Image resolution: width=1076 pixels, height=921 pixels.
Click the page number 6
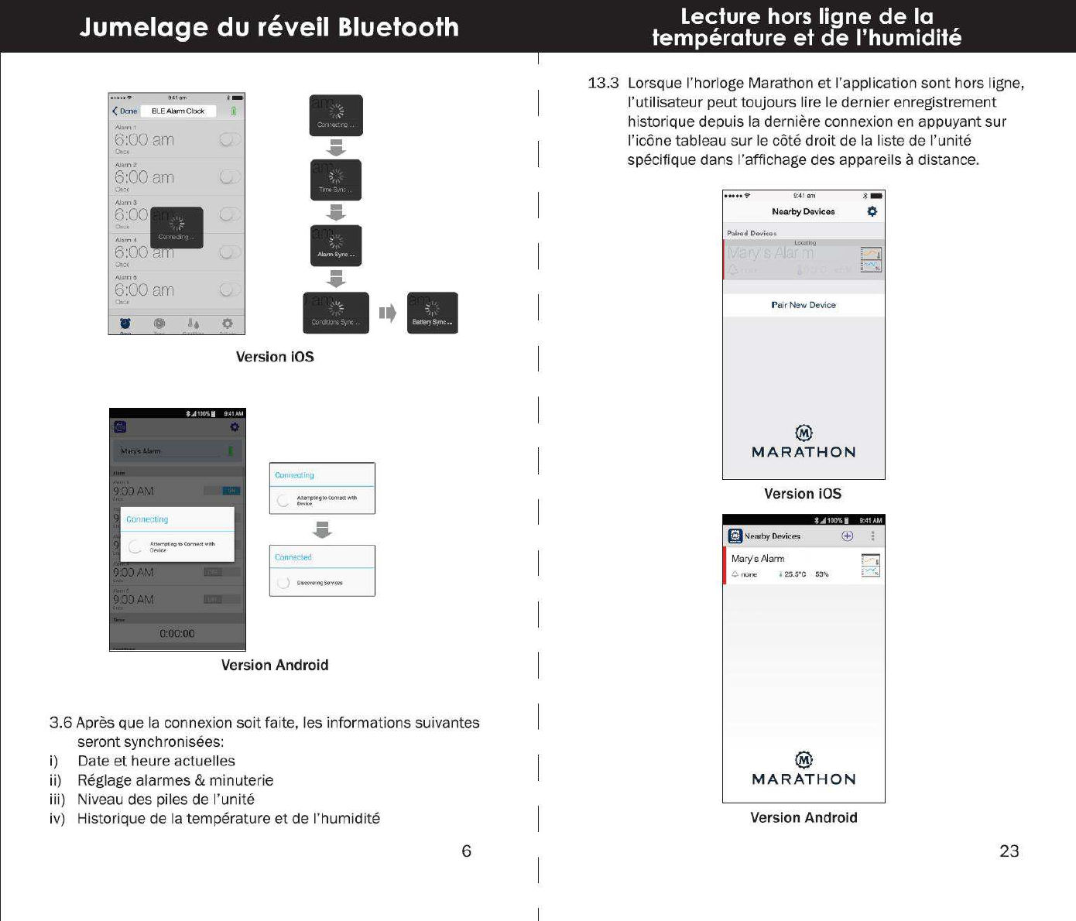(466, 851)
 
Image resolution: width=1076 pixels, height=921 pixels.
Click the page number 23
(1009, 851)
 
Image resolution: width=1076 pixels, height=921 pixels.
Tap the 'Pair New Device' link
(804, 305)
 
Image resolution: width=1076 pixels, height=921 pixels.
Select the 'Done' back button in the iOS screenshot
(125, 111)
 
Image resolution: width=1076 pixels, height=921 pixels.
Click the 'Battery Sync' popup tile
(433, 313)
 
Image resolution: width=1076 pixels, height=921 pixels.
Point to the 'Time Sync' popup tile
(336, 180)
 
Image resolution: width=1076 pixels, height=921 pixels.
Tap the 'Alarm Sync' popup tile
(336, 245)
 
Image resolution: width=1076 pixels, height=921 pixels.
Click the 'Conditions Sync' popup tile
(335, 313)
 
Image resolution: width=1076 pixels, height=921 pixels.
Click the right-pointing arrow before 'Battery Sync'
(388, 313)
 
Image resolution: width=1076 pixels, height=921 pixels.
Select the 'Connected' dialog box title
(293, 557)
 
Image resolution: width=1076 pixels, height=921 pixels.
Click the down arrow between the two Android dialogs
(322, 529)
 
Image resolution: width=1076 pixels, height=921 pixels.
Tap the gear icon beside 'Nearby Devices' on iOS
(872, 211)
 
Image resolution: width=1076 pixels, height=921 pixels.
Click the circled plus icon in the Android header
(847, 536)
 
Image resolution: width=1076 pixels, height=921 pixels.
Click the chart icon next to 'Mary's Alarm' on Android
(871, 566)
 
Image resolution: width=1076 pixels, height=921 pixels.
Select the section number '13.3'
(603, 84)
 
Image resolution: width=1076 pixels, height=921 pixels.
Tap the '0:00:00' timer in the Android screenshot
(176, 633)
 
